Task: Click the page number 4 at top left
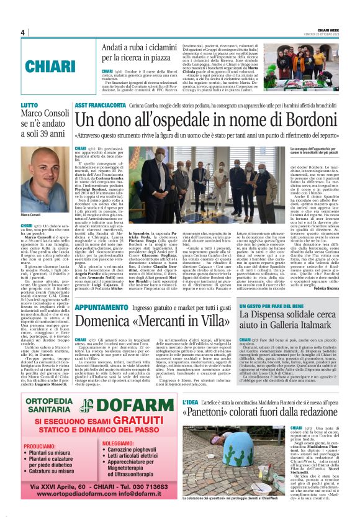(x=22, y=32)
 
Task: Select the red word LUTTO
(x=29, y=106)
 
